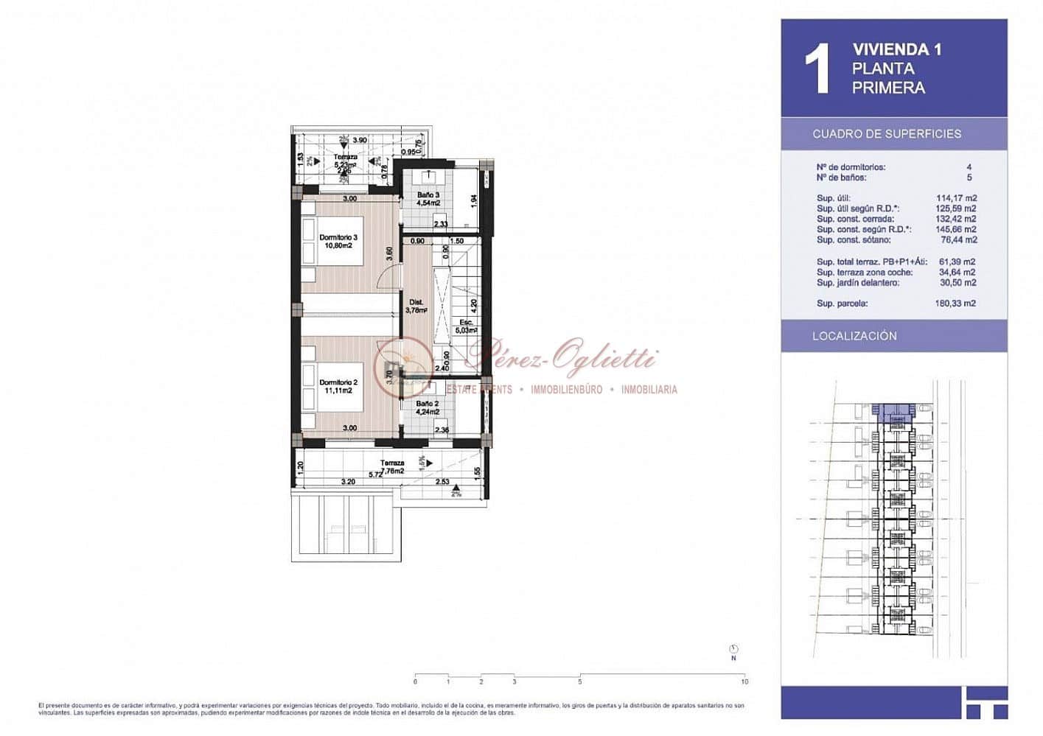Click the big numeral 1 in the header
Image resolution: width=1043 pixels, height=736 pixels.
pos(817,69)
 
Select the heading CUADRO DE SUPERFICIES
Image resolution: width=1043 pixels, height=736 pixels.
pos(887,134)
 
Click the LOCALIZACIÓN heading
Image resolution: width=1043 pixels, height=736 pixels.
pos(854,336)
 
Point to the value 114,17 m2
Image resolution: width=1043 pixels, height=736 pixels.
pos(956,198)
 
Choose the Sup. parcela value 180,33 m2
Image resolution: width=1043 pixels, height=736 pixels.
pos(955,304)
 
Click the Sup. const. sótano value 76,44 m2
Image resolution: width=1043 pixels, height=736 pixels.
pos(959,239)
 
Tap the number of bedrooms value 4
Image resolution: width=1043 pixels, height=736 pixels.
pos(969,167)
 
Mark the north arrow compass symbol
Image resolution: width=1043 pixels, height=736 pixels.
pos(733,649)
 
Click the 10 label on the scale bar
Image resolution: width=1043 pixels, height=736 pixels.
pos(744,682)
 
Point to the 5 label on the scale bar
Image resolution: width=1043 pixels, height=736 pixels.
pos(580,682)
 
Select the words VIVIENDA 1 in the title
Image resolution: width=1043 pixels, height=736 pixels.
pos(897,50)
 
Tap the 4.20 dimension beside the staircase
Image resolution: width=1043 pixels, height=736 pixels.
pos(474,303)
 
